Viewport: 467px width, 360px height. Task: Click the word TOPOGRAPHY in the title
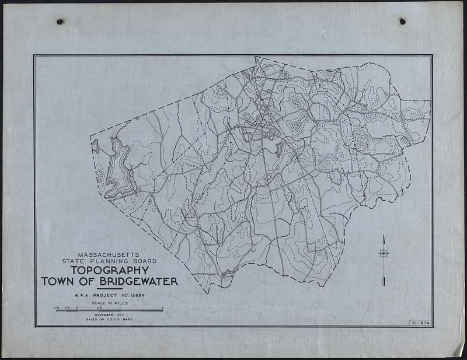(109, 271)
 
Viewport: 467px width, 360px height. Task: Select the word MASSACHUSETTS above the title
(110, 254)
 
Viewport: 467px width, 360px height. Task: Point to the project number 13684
(134, 296)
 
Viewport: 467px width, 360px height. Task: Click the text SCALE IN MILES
(109, 303)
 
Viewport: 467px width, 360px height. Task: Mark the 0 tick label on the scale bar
(78, 307)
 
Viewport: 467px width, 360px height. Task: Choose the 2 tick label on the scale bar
(162, 307)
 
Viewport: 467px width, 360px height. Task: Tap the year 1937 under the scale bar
(124, 315)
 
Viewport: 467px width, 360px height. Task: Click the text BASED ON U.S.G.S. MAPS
(110, 320)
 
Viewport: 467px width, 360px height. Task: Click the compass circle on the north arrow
(384, 253)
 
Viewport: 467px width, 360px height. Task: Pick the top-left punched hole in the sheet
(60, 22)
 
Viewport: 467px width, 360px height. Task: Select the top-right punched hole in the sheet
(402, 21)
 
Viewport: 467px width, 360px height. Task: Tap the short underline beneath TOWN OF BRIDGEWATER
(109, 289)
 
